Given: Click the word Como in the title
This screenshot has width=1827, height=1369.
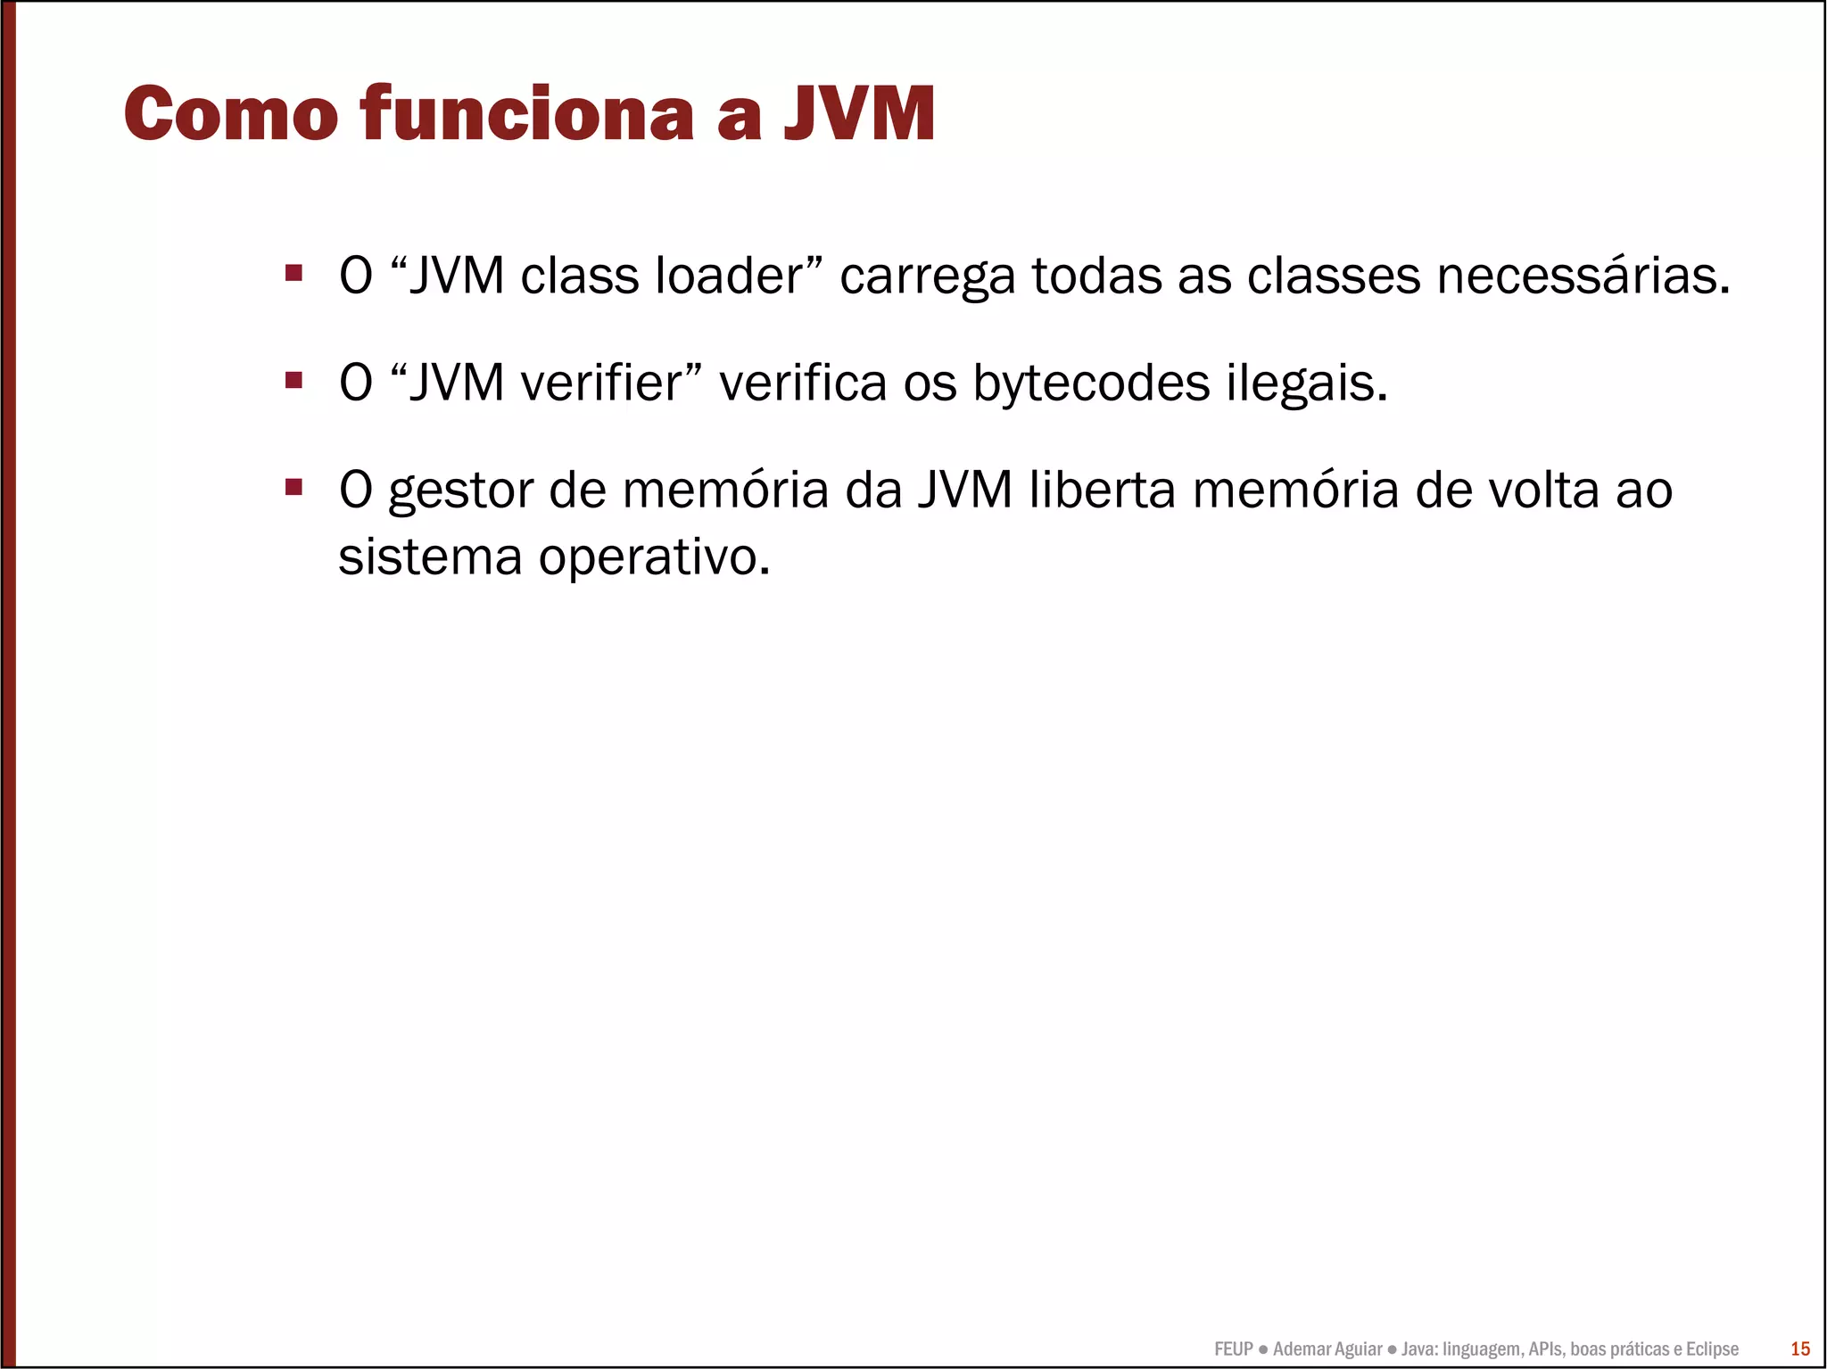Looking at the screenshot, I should coord(230,114).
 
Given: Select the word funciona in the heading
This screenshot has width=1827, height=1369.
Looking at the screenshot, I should coord(527,114).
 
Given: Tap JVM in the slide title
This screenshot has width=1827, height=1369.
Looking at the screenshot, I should coord(860,114).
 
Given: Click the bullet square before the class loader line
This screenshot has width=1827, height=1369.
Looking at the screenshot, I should coord(293,273).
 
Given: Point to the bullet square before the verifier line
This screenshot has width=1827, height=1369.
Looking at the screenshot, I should coord(293,381).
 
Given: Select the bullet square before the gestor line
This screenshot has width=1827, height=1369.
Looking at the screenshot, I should coord(293,488).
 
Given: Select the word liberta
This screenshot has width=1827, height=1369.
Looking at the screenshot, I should coord(1103,490).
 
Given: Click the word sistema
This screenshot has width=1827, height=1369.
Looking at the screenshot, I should coord(430,557).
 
